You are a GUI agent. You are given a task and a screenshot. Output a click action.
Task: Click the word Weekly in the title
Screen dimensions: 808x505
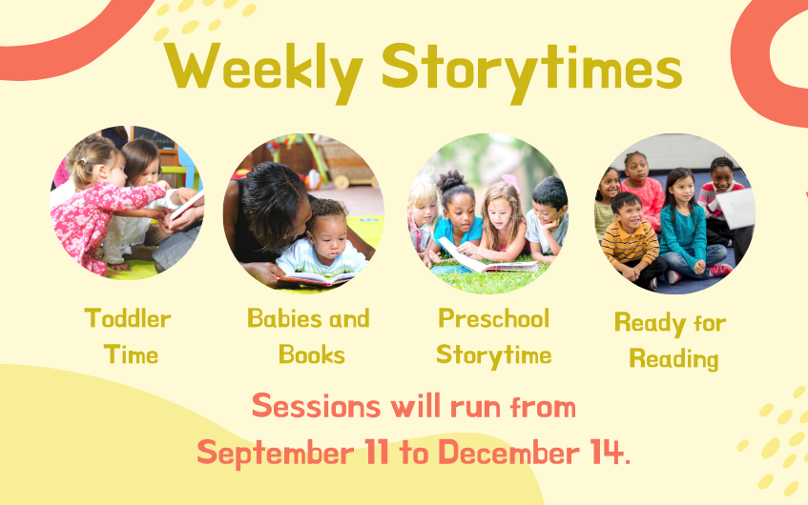263,70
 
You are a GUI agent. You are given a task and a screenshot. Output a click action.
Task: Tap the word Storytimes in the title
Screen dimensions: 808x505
531,70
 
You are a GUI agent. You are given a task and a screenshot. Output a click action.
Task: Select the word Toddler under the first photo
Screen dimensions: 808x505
127,318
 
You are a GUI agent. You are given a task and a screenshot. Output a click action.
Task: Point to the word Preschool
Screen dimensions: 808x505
493,318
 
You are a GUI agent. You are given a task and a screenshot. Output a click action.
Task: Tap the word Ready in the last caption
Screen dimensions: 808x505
650,324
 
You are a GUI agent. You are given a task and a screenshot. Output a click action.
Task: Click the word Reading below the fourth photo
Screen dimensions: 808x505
673,359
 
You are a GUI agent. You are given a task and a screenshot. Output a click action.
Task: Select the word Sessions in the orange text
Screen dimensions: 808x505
316,406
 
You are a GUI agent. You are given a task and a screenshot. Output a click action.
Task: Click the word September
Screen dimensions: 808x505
275,453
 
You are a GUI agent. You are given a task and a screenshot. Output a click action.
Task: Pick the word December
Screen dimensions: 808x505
508,453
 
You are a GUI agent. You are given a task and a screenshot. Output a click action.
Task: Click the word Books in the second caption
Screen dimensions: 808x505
312,354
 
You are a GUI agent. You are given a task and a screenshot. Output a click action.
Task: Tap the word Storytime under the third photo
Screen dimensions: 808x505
493,355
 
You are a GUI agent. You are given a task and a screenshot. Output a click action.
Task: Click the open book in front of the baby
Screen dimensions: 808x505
317,279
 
